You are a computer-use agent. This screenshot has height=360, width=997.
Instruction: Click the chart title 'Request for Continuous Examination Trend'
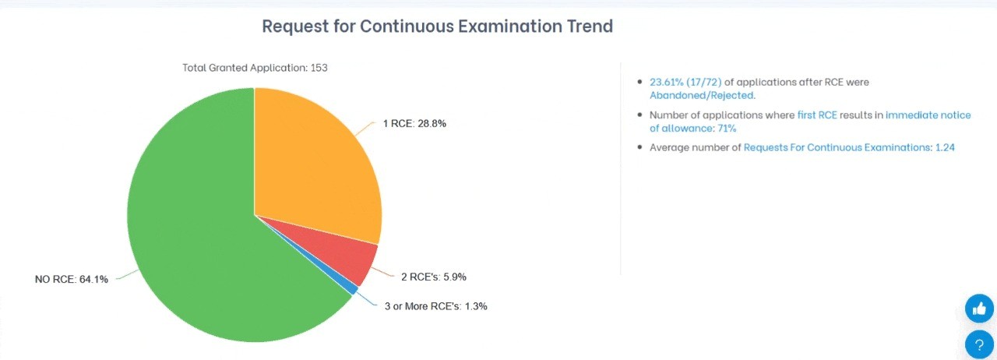437,26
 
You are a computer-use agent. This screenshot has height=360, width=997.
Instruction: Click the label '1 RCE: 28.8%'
414,124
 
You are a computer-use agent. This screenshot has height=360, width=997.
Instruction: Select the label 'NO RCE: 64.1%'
72,279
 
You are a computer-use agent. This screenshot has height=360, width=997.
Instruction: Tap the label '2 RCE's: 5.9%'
434,277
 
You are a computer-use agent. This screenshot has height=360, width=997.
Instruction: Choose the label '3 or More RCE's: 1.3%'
435,306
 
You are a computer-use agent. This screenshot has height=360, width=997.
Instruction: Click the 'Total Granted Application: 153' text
255,68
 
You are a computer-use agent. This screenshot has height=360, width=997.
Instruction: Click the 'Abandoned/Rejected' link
702,95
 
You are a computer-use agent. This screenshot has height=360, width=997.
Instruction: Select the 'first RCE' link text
817,115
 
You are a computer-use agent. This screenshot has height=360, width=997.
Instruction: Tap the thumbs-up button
979,309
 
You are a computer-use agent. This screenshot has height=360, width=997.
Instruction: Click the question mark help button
979,344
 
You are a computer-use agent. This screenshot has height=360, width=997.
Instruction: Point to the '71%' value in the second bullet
726,129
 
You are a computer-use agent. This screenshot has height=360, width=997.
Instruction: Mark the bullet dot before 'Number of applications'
640,115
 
